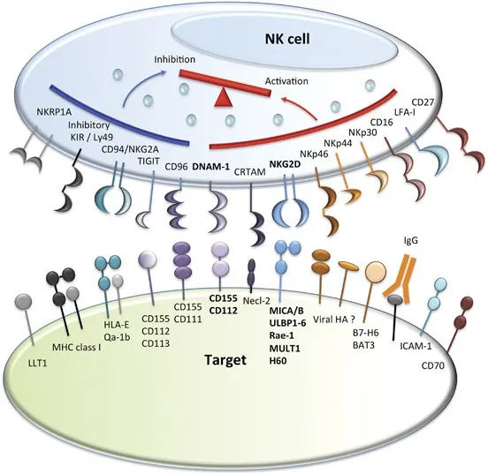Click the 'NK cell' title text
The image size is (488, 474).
287,39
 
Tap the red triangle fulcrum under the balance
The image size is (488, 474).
223,98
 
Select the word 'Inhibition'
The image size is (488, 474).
175,59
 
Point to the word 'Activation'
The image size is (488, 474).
286,81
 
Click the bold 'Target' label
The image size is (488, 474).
225,360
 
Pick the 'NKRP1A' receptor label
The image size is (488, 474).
54,112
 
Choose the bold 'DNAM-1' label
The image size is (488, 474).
210,167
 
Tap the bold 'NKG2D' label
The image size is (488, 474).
285,164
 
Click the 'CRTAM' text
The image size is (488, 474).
250,172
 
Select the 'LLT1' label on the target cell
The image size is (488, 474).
37,363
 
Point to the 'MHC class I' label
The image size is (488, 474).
77,347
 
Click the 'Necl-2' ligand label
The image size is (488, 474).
257,301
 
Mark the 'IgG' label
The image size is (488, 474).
410,240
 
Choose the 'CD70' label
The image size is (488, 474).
433,365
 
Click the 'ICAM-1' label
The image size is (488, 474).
416,346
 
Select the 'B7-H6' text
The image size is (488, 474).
366,333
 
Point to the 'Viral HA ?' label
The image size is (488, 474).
334,320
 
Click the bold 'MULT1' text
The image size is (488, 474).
285,348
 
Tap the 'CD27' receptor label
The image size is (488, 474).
423,102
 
